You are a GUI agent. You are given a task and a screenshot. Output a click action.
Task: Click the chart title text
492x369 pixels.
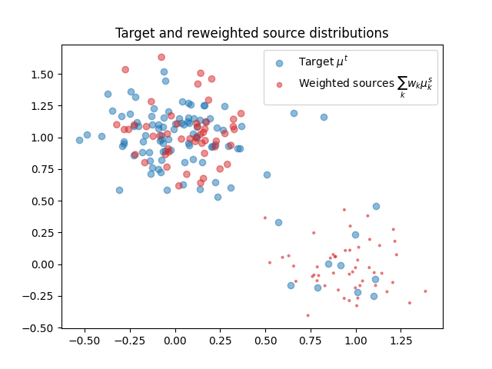251,33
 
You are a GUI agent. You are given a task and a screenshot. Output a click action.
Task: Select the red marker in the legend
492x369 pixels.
280,84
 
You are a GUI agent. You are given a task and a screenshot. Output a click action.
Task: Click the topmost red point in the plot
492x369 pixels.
161,57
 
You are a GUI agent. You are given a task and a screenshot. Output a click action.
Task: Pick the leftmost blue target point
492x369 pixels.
79,140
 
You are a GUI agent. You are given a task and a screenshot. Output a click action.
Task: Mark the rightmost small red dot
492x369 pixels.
425,291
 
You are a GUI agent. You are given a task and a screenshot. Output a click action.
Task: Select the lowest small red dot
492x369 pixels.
307,315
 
